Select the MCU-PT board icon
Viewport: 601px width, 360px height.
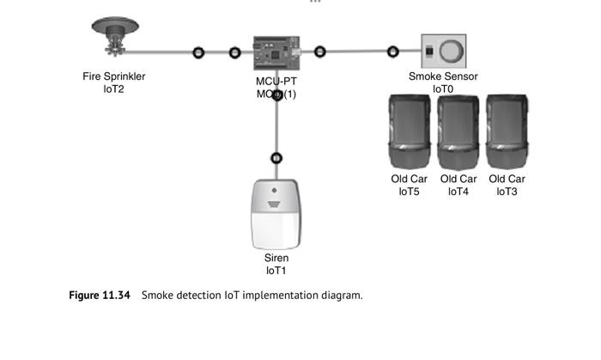tap(275, 53)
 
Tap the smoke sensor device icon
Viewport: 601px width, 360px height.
tap(443, 52)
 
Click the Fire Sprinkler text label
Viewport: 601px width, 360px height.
tap(114, 76)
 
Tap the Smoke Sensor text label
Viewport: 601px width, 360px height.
tap(443, 76)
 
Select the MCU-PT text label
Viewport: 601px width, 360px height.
tap(276, 82)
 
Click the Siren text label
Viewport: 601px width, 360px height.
tap(276, 258)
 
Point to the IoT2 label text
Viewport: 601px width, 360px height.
tap(114, 88)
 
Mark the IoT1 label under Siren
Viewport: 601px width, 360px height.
tap(276, 270)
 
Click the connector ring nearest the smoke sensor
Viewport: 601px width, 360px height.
tap(393, 52)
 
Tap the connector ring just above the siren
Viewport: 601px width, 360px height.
tap(276, 158)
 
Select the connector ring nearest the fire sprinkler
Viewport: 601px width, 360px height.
tap(198, 52)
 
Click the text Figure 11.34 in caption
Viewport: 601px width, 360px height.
tap(100, 296)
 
